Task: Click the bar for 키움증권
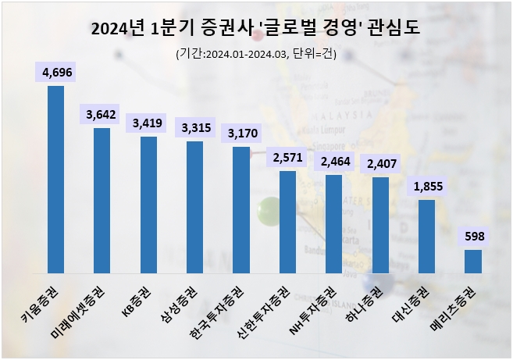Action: (55, 180)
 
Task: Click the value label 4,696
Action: (55, 73)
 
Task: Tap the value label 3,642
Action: (102, 115)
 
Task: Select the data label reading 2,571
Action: (287, 158)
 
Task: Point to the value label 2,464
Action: (333, 162)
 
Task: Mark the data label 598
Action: (473, 236)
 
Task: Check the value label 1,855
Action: (426, 187)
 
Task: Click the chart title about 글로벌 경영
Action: (256, 29)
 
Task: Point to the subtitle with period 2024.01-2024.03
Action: (256, 54)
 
